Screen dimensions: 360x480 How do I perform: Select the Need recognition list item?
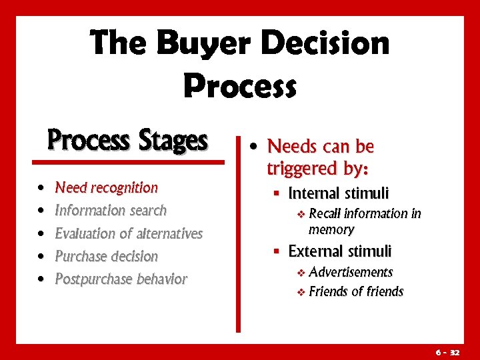click(x=106, y=188)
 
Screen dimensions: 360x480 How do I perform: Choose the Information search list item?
click(x=111, y=211)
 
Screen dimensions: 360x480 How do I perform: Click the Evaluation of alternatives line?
click(x=128, y=233)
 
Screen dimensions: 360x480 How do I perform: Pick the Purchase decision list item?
click(x=106, y=256)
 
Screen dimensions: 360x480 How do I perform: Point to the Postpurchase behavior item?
click(x=121, y=279)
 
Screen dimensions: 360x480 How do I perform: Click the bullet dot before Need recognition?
click(x=42, y=189)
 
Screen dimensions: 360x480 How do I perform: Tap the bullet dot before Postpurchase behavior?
click(x=42, y=279)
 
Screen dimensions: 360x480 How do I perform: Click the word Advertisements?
click(x=351, y=272)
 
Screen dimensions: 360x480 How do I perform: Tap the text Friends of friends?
click(x=356, y=291)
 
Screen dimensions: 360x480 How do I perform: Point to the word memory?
click(x=331, y=230)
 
